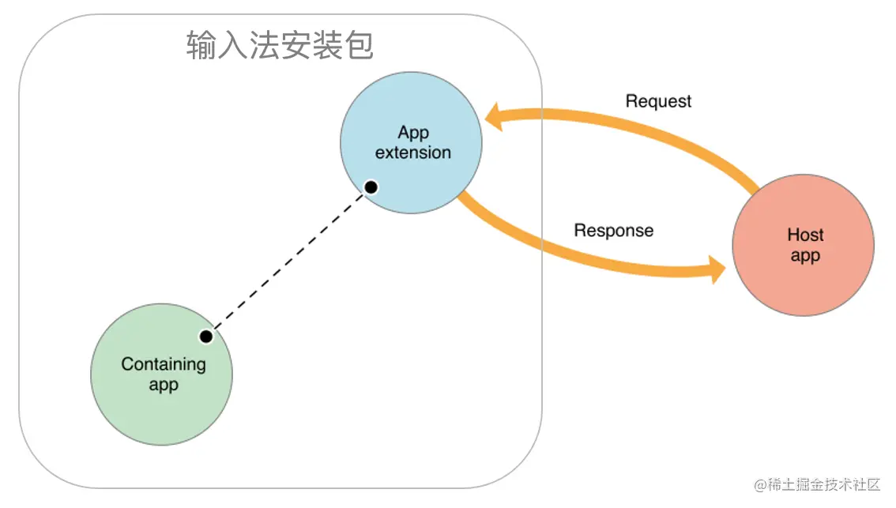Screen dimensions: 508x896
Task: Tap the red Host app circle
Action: point(804,273)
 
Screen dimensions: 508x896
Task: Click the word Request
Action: point(658,101)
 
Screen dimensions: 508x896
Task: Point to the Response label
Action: point(613,231)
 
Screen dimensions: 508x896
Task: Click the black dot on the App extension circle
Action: point(370,187)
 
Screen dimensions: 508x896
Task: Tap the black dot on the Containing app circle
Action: point(206,337)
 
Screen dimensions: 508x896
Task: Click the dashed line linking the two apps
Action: point(288,262)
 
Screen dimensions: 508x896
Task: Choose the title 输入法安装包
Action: point(280,46)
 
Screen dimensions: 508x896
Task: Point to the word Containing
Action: point(164,364)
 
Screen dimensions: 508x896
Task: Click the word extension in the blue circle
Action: point(412,152)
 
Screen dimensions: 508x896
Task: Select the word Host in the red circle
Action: point(805,235)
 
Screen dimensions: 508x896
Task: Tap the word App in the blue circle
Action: point(413,132)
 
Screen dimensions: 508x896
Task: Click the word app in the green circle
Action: point(164,386)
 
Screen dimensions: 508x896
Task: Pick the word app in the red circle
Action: point(805,256)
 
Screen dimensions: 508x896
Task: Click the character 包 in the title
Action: point(359,46)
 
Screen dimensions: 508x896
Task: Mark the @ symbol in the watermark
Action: point(761,485)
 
